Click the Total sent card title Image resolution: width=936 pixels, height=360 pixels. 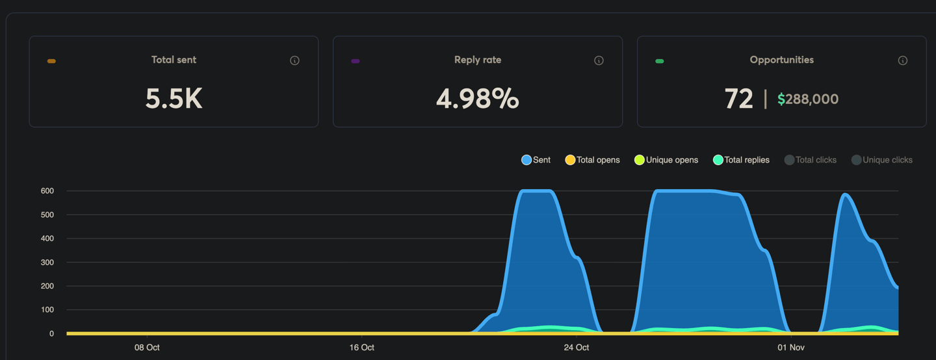tap(174, 60)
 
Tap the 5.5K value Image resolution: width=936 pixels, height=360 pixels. tap(174, 99)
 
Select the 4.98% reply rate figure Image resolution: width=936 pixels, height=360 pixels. tap(477, 99)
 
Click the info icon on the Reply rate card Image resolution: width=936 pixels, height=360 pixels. tap(599, 60)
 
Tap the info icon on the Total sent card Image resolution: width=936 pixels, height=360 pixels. tap(294, 60)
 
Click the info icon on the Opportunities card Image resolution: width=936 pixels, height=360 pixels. tap(902, 60)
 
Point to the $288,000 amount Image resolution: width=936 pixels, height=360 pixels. tap(808, 99)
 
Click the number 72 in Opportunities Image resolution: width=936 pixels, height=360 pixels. tap(738, 99)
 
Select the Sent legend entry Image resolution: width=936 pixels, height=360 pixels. tap(536, 160)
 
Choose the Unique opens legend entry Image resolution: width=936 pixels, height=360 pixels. tap(666, 160)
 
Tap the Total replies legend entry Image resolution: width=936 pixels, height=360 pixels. tap(741, 160)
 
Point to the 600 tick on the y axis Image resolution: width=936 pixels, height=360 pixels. tap(47, 191)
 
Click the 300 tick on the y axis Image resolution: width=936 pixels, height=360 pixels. tap(47, 263)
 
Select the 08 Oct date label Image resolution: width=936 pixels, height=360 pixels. tap(147, 348)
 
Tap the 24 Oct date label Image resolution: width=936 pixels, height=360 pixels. tap(577, 348)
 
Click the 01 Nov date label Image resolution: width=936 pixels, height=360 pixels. tap(791, 348)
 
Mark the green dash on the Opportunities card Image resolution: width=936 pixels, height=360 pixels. tap(659, 61)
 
